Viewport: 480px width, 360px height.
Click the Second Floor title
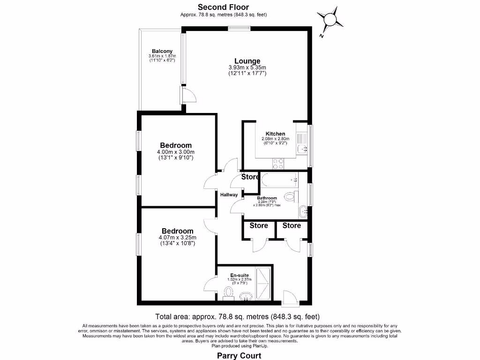(223, 7)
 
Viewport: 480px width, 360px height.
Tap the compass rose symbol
(330, 19)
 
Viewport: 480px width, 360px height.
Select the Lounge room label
(247, 61)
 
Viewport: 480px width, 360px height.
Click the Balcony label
(162, 51)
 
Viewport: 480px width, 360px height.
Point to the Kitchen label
(275, 134)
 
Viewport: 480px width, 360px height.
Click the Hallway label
(229, 195)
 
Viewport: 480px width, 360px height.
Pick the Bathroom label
(267, 198)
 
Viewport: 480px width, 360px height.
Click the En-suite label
(240, 275)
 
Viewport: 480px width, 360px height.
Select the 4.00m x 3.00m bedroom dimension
(175, 152)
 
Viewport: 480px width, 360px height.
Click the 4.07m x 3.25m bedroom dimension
(177, 238)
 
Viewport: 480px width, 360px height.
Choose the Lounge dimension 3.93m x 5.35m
(247, 67)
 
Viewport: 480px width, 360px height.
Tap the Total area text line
(237, 316)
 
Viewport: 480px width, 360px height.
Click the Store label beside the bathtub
(250, 177)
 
